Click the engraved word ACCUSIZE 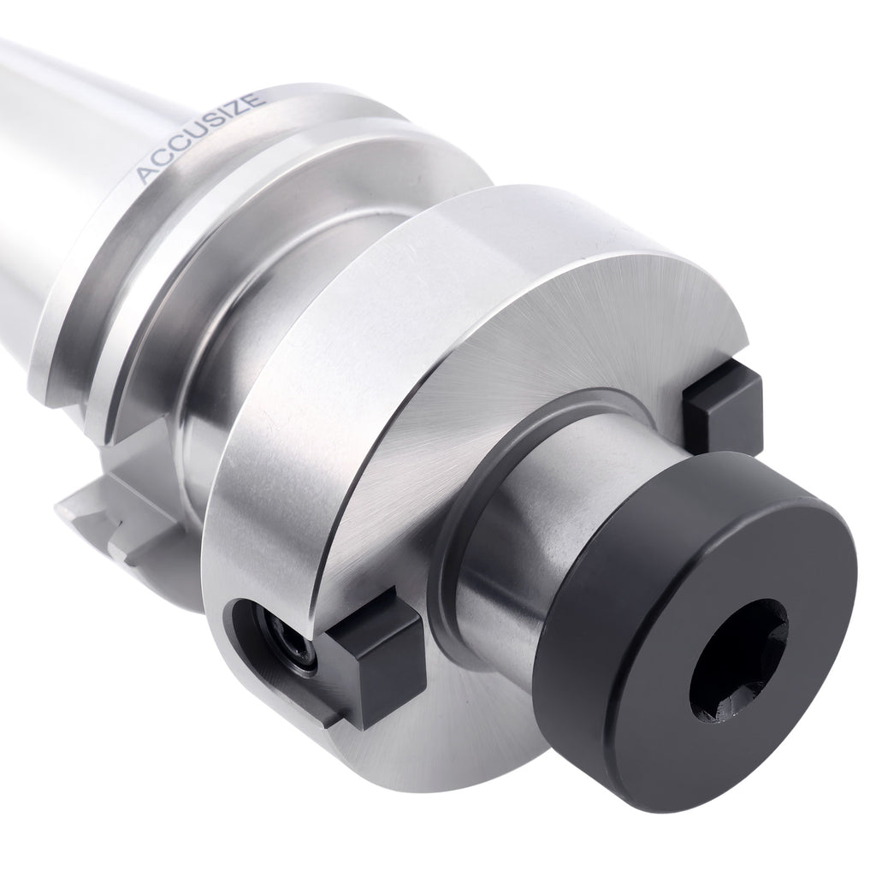[199, 137]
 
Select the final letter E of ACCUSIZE [253, 99]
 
